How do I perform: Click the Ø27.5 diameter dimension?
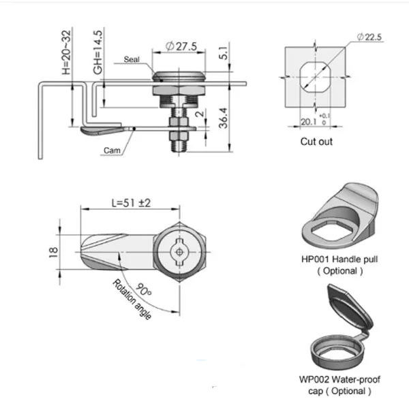180,46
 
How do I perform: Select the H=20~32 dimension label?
66,52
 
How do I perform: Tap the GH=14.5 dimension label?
98,52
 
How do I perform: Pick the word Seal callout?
132,60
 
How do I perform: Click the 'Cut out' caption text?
316,142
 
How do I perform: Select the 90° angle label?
143,289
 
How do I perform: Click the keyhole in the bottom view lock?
178,252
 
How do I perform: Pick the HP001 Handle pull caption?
339,259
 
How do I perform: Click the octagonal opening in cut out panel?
314,80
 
